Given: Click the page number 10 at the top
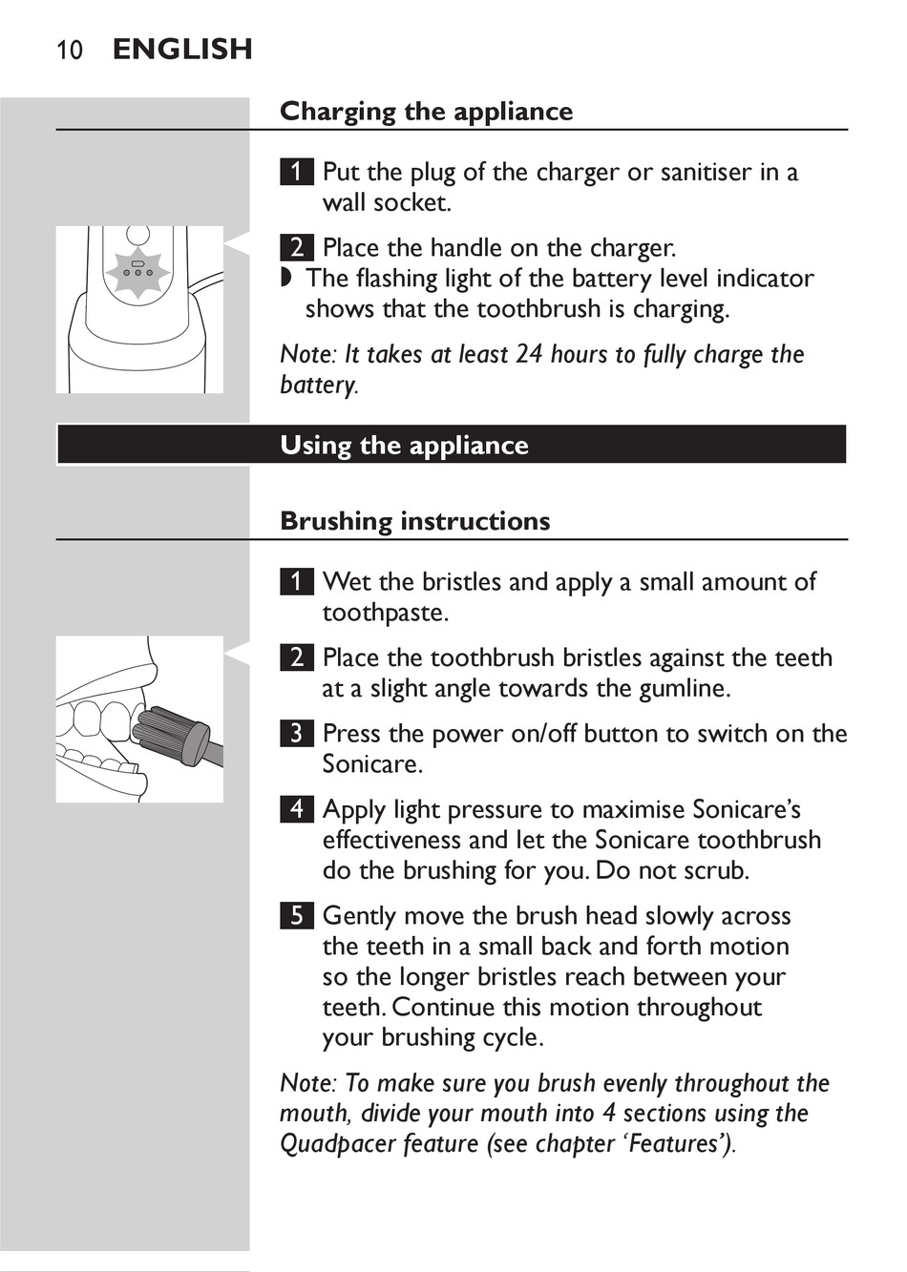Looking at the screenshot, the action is [x=70, y=50].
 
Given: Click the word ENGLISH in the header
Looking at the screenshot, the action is [x=182, y=49].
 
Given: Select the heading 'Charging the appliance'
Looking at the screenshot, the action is [x=426, y=112].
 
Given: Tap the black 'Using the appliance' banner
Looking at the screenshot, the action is [x=451, y=445].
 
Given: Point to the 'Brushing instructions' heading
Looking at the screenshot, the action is [x=414, y=521].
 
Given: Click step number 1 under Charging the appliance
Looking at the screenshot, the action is [x=297, y=172].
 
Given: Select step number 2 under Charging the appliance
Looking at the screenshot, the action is [x=297, y=247].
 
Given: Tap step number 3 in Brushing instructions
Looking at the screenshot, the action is [x=297, y=733].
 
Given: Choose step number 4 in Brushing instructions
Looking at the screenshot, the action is [x=297, y=809].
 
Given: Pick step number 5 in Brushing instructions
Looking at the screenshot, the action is [x=297, y=915].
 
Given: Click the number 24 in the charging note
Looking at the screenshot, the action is [x=529, y=355].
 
